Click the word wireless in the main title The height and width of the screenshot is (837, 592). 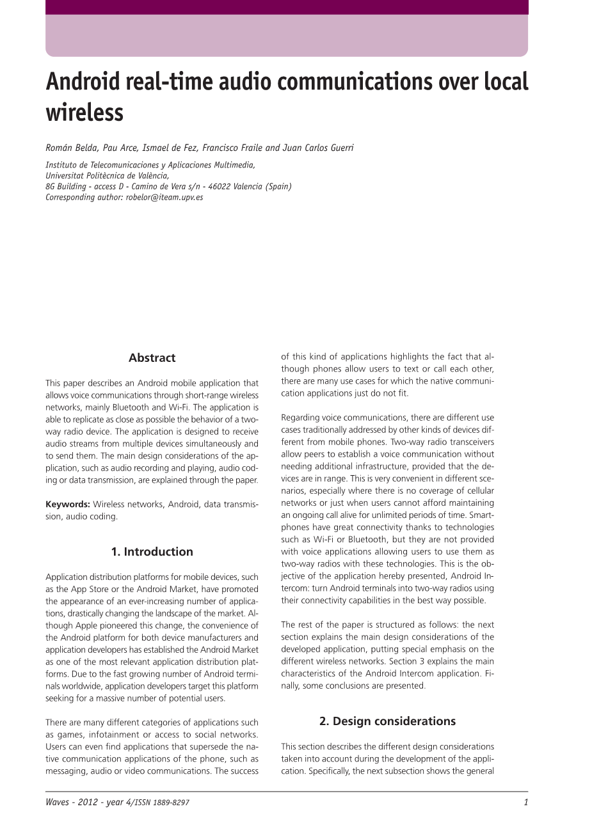[84, 113]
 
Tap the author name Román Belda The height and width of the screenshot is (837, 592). [71, 148]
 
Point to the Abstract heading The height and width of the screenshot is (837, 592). [152, 358]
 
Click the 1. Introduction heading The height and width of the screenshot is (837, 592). [152, 552]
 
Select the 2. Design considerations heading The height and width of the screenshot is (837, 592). [387, 721]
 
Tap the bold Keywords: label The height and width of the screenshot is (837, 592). [67, 505]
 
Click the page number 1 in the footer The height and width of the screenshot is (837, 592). [525, 802]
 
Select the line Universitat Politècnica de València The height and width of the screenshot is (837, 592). [107, 175]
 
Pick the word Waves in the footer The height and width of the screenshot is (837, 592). [57, 802]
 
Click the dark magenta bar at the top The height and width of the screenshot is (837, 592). [287, 7]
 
